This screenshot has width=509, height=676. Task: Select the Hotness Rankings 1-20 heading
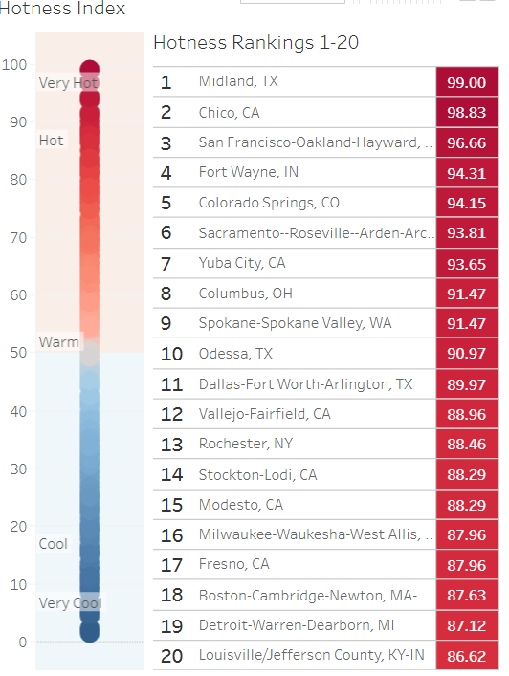point(255,43)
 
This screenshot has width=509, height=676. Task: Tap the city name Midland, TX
point(238,82)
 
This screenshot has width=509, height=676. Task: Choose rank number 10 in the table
point(171,354)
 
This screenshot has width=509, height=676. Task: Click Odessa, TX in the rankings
point(235,354)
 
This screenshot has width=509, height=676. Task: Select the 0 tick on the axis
point(21,642)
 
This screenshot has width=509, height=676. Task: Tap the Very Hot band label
point(68,83)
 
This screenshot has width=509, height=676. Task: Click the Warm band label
point(57,341)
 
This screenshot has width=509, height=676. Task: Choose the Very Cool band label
point(69,603)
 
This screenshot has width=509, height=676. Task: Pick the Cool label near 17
point(54,544)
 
